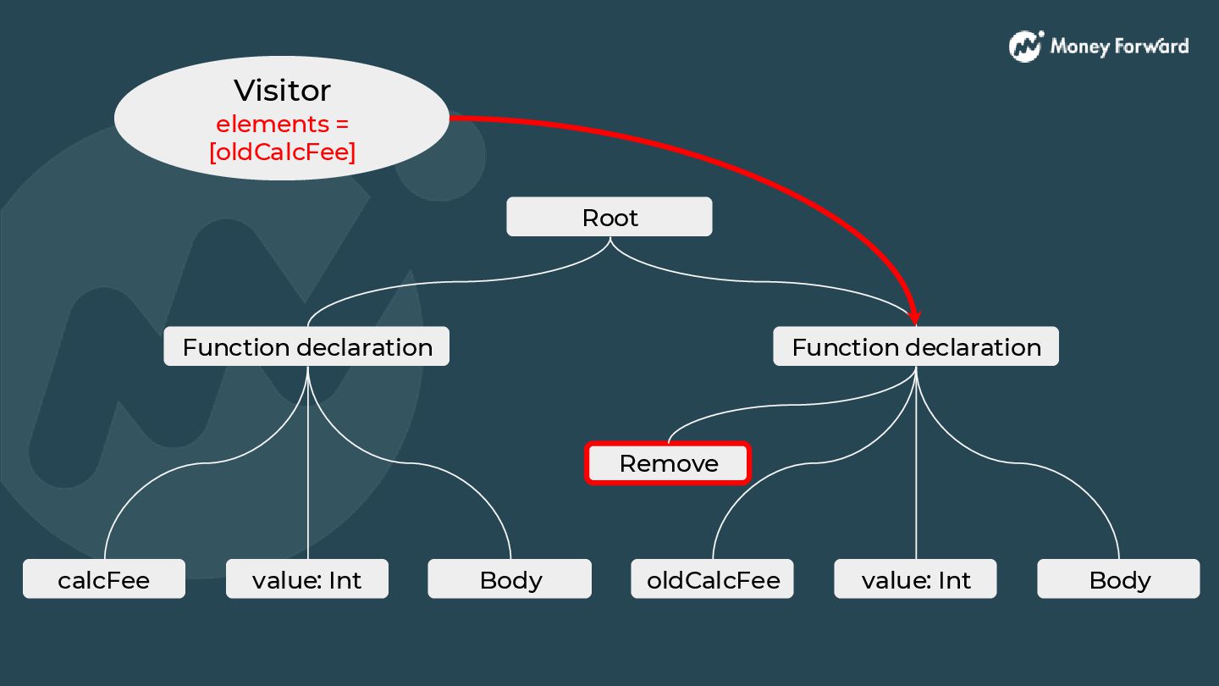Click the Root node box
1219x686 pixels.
click(609, 218)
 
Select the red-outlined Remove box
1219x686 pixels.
click(668, 463)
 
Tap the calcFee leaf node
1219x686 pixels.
click(103, 579)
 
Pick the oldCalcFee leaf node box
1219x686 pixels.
click(713, 579)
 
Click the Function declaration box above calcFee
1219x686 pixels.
click(306, 347)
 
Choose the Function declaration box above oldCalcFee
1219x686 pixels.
click(916, 347)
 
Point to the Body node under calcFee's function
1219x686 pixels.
click(510, 579)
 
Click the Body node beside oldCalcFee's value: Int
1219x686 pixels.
click(1119, 579)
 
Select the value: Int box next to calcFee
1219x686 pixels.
click(306, 579)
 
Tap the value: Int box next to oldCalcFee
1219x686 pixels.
click(916, 579)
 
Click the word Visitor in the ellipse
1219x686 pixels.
click(282, 91)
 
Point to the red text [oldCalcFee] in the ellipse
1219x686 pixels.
click(282, 152)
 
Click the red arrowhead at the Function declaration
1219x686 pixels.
click(914, 317)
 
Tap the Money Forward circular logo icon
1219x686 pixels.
click(1025, 46)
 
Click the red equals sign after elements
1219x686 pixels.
click(340, 124)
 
